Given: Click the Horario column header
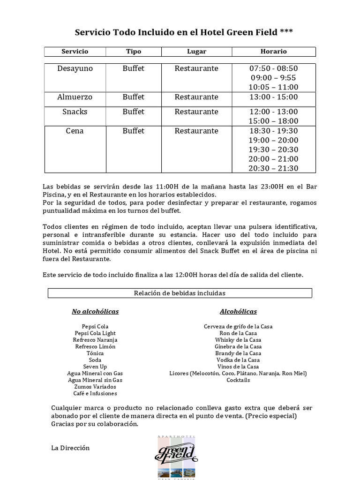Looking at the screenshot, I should point(273,52).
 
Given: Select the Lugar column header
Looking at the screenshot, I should point(196,52).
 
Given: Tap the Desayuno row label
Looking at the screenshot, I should point(75,68).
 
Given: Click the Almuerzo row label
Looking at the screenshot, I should point(75,97).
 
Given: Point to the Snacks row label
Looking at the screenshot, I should point(75,112).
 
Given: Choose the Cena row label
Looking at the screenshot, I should point(75,131).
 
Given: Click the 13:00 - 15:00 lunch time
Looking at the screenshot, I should point(273,97).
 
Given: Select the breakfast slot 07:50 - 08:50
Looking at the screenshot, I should point(273,68).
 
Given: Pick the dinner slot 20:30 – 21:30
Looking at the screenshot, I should point(273,168).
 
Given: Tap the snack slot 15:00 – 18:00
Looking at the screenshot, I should point(273,121).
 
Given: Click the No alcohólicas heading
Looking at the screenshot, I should point(95,312).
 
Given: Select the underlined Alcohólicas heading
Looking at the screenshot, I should point(238,312).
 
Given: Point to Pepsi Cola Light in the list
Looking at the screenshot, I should point(95,333).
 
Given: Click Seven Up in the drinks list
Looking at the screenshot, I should point(95,367).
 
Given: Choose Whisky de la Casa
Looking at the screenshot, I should point(238,340).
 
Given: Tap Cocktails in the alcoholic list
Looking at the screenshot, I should point(238,380).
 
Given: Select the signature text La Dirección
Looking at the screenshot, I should point(70,448).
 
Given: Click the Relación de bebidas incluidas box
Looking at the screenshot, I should point(180,293).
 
